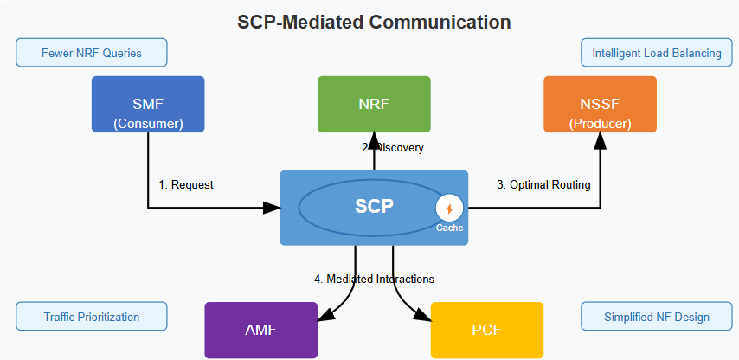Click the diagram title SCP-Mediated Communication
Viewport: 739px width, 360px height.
click(374, 22)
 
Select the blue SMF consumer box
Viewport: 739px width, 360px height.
click(148, 105)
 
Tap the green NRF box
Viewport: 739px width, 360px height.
click(374, 104)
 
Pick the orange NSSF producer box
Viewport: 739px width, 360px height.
click(600, 105)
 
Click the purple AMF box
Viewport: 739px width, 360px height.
click(260, 330)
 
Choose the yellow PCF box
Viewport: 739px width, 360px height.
click(486, 330)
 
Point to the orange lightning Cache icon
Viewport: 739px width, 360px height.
click(449, 209)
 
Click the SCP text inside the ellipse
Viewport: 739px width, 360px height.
click(374, 207)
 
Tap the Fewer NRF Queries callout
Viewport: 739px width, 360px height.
click(91, 53)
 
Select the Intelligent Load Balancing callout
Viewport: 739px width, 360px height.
click(656, 53)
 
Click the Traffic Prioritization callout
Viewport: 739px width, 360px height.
click(91, 317)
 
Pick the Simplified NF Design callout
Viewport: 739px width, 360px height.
click(657, 317)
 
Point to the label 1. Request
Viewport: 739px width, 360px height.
click(186, 184)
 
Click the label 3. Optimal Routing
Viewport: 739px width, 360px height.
click(543, 184)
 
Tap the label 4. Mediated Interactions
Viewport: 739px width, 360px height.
click(374, 279)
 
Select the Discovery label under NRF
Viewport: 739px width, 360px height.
click(394, 148)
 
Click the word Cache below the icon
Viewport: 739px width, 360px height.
click(449, 228)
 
